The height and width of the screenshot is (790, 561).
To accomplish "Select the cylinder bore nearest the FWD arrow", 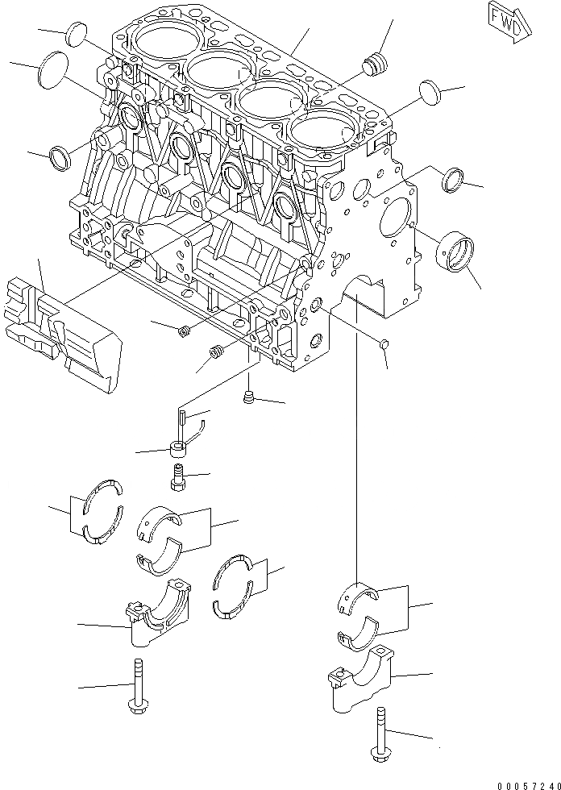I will coord(322,131).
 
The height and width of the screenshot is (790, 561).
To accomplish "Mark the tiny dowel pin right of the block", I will coord(384,344).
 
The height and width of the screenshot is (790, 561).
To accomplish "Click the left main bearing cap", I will coord(158,616).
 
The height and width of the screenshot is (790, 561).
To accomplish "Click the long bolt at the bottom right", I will coord(378,736).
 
